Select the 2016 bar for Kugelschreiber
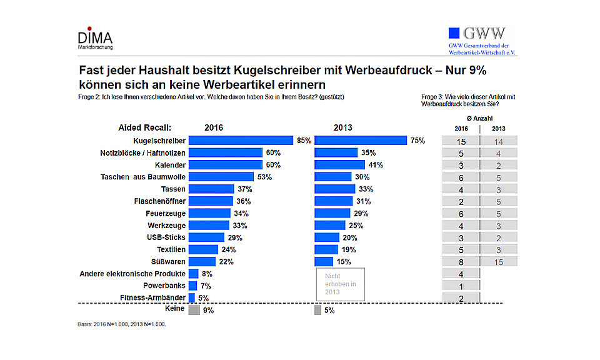pyautogui.click(x=241, y=141)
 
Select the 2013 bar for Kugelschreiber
pyautogui.click(x=360, y=141)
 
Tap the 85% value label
pyautogui.click(x=304, y=141)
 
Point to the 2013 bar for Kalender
pyautogui.click(x=339, y=165)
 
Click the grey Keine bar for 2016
pyautogui.click(x=194, y=309)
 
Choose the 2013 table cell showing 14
pyautogui.click(x=498, y=141)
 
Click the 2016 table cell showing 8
pyautogui.click(x=460, y=262)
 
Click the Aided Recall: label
pyautogui.click(x=144, y=127)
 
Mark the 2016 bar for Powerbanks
pyautogui.click(x=192, y=286)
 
